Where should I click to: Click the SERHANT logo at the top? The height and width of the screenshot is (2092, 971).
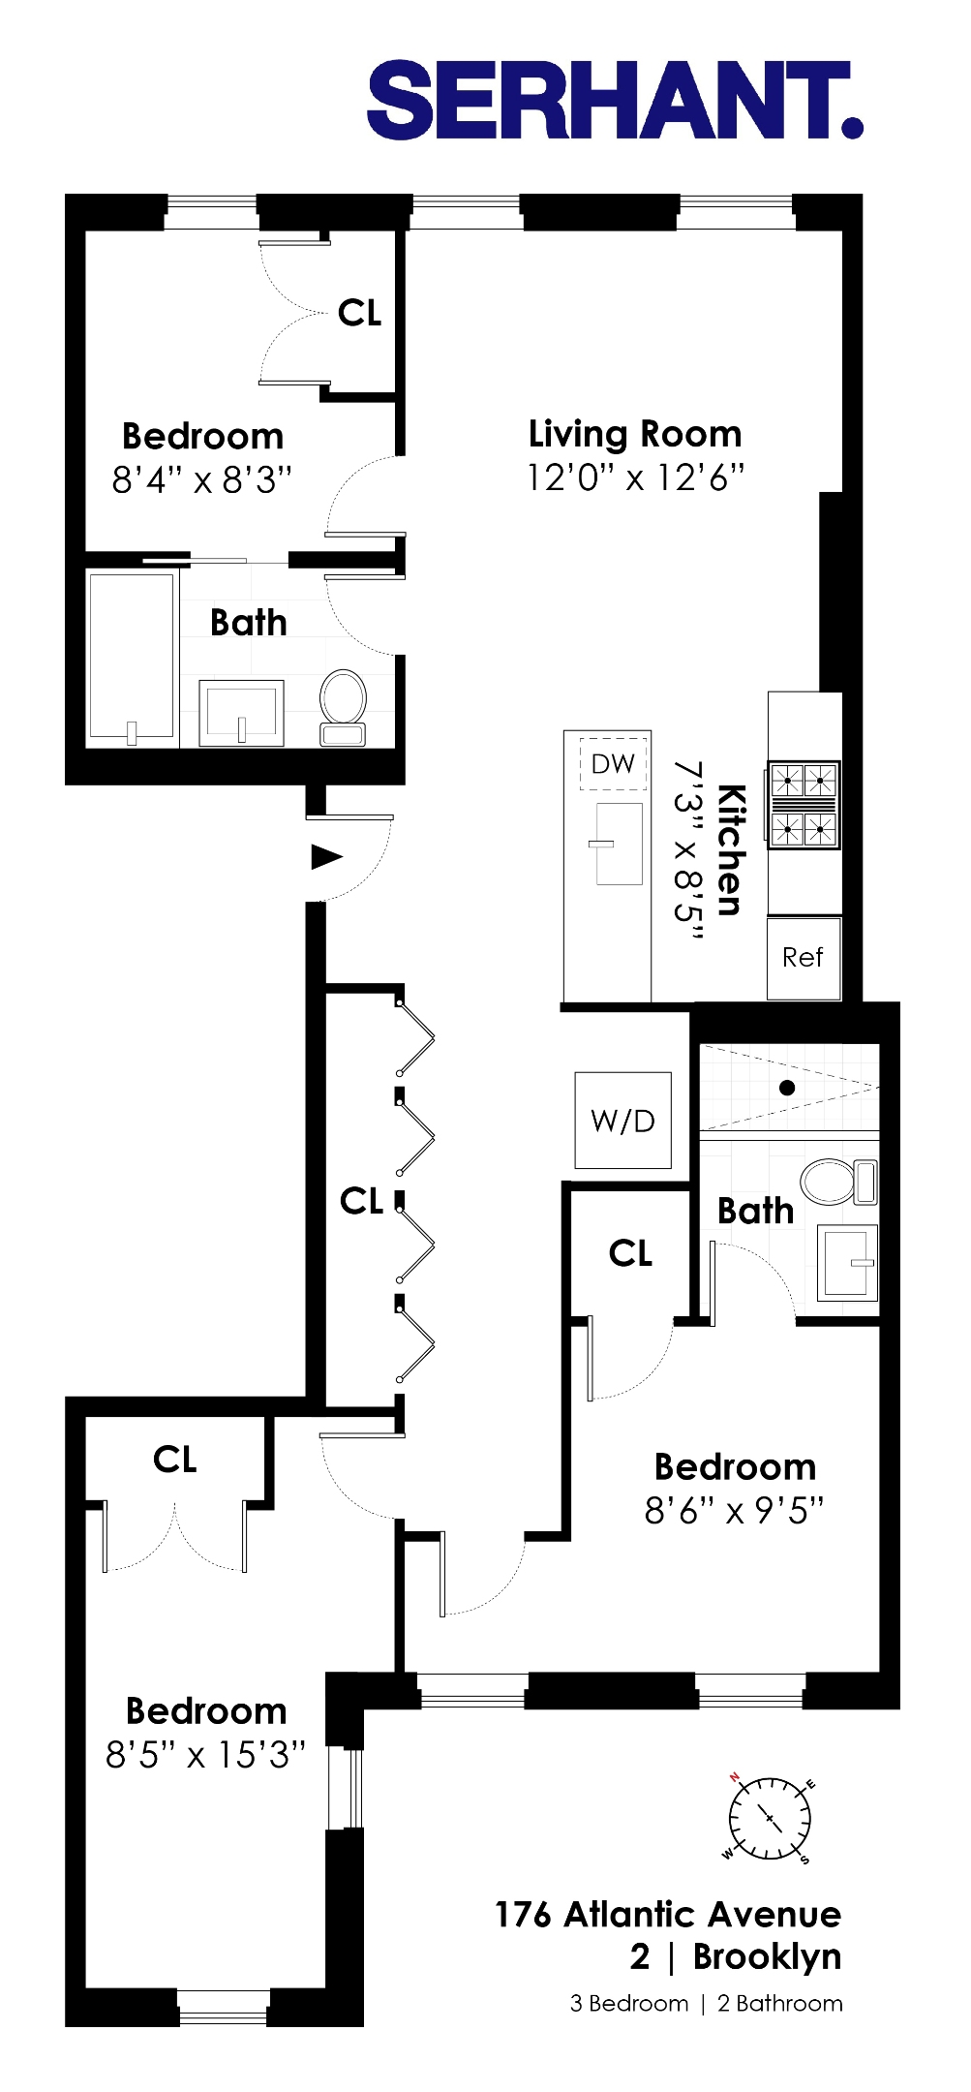point(614,100)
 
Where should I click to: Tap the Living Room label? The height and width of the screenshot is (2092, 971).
point(635,434)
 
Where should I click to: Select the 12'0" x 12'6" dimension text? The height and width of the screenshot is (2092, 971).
point(635,477)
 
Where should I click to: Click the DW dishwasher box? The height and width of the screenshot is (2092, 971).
point(613,764)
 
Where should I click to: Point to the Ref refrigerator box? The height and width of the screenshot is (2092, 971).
point(803,958)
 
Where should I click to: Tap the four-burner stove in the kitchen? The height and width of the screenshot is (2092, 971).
point(804,806)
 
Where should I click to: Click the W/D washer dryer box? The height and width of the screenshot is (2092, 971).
point(622,1121)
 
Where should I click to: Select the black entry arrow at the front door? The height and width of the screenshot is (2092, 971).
point(326,856)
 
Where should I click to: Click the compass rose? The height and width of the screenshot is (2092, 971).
point(770,1818)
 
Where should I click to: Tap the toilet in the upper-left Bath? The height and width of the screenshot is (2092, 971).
point(343,707)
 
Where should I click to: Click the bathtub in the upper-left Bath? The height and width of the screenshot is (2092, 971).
point(132,659)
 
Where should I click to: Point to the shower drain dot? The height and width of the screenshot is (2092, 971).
point(787,1088)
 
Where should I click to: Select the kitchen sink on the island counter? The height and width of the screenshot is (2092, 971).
point(618,844)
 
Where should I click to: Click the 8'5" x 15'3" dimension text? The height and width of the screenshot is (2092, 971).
point(205,1754)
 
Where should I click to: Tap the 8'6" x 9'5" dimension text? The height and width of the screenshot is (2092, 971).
point(734,1510)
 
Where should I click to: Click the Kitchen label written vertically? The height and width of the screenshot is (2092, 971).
point(732,850)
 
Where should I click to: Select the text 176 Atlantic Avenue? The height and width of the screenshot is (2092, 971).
point(668,1914)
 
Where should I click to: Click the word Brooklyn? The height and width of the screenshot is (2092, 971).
point(767,1956)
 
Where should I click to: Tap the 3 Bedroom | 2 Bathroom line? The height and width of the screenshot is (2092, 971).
point(706,2003)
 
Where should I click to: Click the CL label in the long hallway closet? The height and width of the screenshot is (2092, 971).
point(362,1201)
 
